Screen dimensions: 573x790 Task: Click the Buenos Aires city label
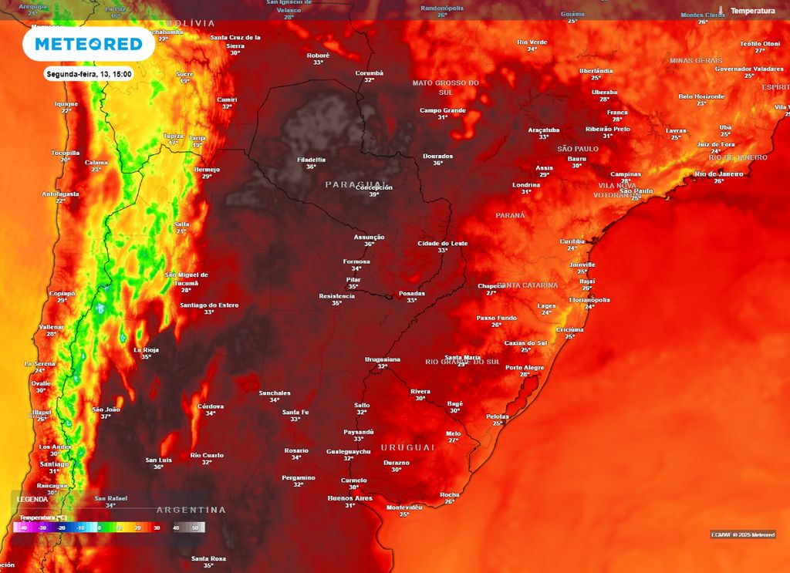350,498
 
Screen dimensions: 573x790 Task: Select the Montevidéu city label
404,507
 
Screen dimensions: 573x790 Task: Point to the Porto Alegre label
525,368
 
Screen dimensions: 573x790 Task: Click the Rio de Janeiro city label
718,174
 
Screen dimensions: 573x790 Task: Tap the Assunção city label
369,237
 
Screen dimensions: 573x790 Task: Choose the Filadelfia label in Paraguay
311,160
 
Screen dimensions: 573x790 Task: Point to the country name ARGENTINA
191,510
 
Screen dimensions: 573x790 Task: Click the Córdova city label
211,406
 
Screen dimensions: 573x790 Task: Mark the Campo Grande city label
443,110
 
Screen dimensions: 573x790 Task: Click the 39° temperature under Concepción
374,194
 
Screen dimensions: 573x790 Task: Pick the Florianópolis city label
589,300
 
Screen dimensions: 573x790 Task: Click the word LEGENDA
32,499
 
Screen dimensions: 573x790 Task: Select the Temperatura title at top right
752,11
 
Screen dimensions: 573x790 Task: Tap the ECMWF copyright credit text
742,534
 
